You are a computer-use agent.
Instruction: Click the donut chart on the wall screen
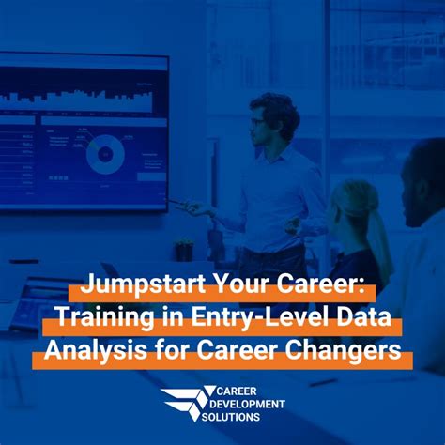(105, 153)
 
